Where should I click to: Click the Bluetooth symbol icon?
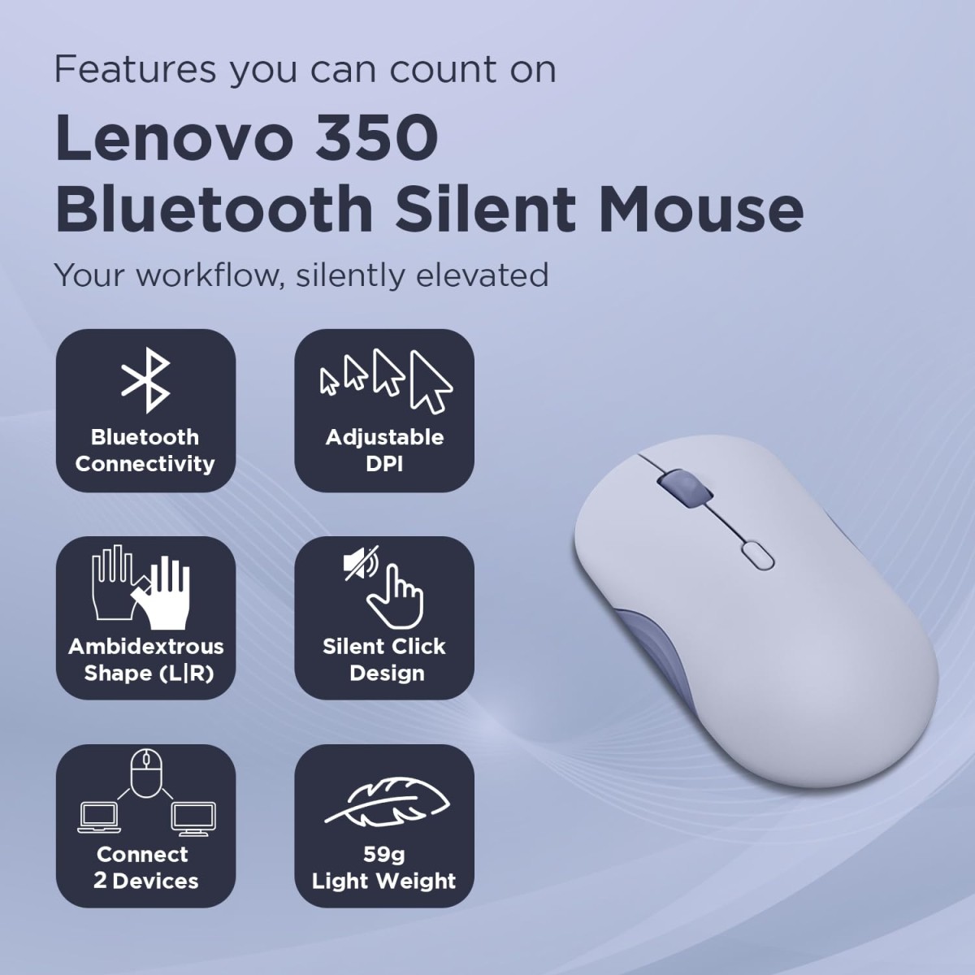pos(145,382)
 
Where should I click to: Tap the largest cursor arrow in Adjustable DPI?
pos(430,381)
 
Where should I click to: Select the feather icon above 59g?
pos(388,802)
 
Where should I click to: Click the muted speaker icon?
pos(361,563)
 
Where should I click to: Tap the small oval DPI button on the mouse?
pos(756,557)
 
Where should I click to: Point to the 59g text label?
pos(383,854)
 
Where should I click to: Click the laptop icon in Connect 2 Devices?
pos(98,817)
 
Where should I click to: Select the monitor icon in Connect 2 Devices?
pos(193,817)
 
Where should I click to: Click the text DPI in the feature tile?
pos(384,464)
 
